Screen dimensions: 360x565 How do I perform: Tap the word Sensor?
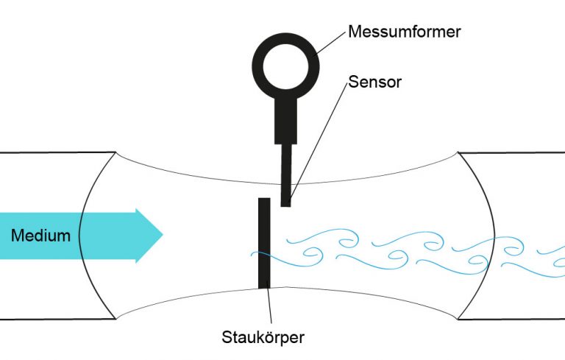pos(374,81)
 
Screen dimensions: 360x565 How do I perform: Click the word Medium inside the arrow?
pos(41,236)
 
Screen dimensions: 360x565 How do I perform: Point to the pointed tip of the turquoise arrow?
pos(161,235)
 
